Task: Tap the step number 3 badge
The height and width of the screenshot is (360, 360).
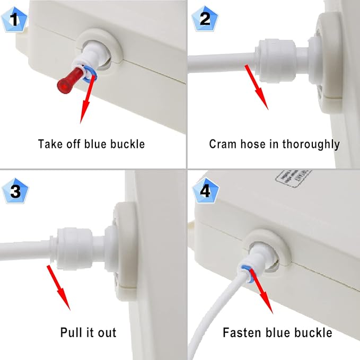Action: (15, 191)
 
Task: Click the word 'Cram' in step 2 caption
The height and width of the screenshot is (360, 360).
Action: (222, 144)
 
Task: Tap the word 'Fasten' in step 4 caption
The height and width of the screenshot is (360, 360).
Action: (240, 333)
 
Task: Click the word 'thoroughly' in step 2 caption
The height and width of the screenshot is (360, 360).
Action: (313, 144)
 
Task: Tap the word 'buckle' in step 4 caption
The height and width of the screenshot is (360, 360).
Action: (314, 333)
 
